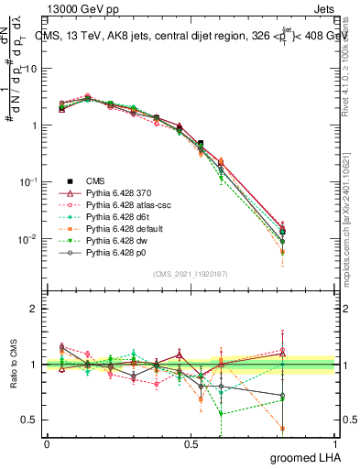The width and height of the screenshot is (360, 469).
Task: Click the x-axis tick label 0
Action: (x=46, y=443)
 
